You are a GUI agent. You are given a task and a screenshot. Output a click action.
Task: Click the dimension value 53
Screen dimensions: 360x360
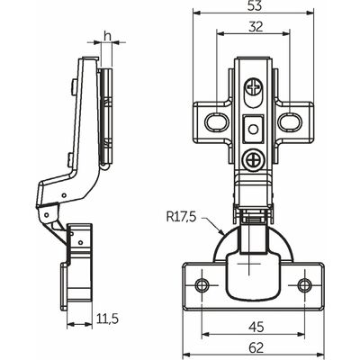tap(255, 6)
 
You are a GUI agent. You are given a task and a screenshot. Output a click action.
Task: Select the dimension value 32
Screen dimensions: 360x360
tap(256, 27)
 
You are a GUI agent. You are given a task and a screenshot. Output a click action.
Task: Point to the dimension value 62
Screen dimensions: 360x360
tap(256, 348)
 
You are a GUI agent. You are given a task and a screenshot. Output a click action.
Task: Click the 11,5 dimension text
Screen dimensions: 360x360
tap(108, 319)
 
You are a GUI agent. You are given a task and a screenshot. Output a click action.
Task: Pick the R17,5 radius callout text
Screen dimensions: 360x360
tap(181, 216)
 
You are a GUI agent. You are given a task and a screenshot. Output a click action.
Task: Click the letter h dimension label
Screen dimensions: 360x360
tap(107, 36)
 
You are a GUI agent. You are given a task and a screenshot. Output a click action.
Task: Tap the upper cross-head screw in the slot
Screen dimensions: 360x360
tap(255, 87)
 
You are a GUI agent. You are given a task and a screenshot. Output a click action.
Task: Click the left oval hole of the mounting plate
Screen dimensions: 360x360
tap(217, 122)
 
